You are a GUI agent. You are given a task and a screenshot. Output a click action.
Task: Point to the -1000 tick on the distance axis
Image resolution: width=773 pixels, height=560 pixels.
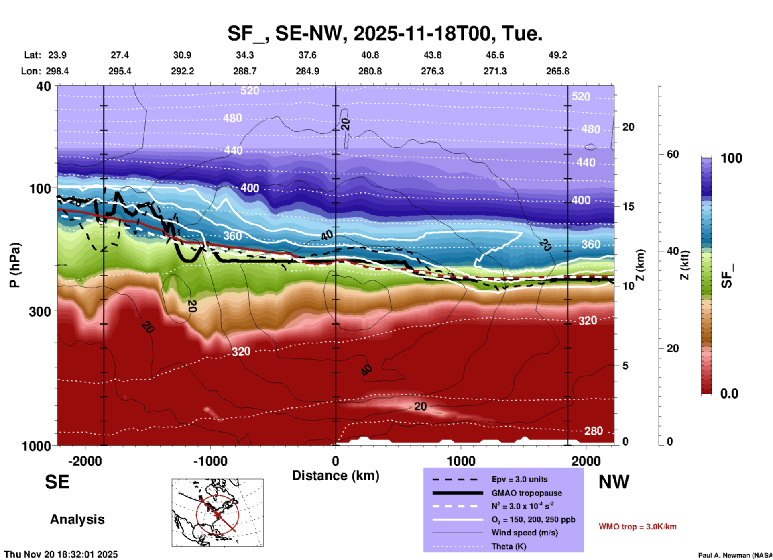coord(210,461)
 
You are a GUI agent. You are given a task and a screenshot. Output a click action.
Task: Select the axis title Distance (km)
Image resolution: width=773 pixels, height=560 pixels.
coord(336,476)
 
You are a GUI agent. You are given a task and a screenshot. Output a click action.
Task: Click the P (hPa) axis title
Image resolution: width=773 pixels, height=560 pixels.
coord(15,265)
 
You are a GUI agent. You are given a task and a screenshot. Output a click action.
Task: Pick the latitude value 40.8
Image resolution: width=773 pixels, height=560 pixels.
coord(370,55)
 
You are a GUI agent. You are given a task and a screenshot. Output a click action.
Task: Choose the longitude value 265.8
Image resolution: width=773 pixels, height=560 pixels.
coord(557,71)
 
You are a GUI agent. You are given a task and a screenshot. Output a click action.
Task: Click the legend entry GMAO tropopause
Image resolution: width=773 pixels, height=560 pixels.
coord(527,493)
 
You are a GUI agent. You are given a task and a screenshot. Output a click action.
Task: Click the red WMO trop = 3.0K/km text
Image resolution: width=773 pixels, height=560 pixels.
coord(637,527)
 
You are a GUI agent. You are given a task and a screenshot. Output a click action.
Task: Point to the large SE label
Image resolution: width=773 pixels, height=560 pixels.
coord(57,482)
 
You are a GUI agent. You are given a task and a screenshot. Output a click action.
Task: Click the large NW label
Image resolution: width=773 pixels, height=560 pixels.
coord(614,482)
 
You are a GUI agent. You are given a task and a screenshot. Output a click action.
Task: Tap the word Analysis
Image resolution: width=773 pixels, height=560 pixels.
coord(77,519)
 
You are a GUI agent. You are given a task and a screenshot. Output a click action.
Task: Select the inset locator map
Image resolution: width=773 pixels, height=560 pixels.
coord(218,513)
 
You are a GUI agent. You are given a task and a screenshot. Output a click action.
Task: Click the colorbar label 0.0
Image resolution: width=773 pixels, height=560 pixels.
coord(729,394)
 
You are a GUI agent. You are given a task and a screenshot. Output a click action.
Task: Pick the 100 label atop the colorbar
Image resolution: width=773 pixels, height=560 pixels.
coord(731,158)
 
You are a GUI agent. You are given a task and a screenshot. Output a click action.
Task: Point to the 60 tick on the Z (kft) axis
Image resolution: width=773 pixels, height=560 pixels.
coord(673,154)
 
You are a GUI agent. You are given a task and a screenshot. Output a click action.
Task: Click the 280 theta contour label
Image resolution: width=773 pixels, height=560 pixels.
coord(593,431)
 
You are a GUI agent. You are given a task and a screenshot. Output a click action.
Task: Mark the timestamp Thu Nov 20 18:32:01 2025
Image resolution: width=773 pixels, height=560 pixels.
coord(61,554)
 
